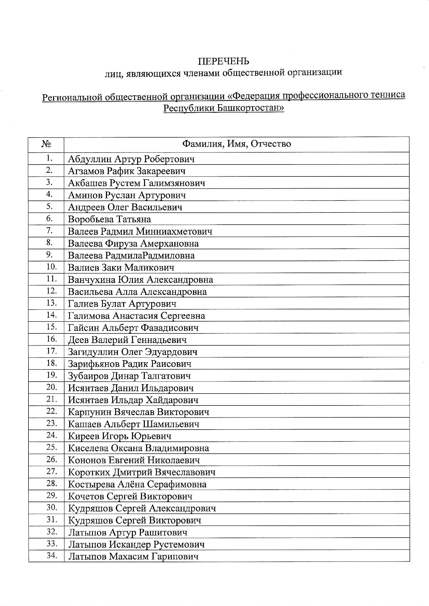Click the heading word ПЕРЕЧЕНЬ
tap(224, 61)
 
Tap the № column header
tap(46, 144)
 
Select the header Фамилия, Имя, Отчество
tap(237, 144)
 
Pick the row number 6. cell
tap(50, 218)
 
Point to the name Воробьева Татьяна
tap(109, 219)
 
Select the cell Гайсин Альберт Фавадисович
tap(133, 328)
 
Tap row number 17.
tap(52, 351)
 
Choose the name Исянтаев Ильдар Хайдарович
tap(133, 400)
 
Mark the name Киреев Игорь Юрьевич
tap(119, 436)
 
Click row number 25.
tap(52, 447)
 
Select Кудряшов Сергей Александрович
tap(142, 509)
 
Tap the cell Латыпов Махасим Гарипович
tap(133, 557)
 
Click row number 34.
tap(52, 556)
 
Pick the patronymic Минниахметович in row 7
tap(174, 231)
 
